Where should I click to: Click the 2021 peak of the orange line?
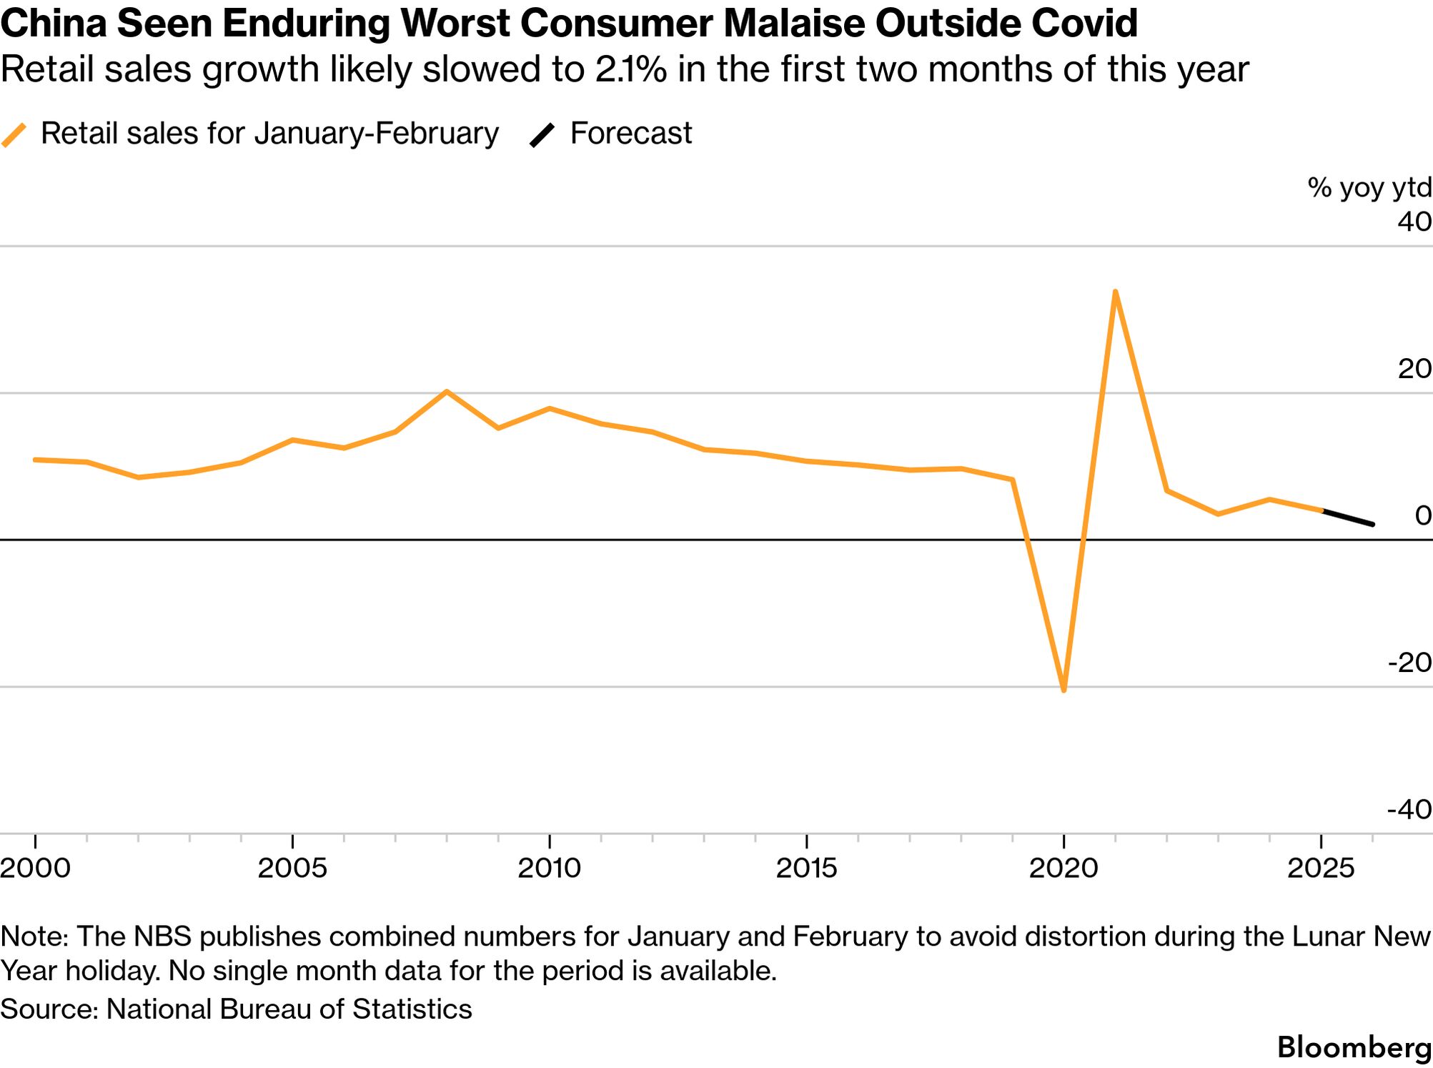click(1115, 292)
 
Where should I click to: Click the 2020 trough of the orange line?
click(1064, 691)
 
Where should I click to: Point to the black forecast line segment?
click(1348, 518)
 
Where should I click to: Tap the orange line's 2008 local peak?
click(447, 392)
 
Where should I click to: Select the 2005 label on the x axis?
click(292, 868)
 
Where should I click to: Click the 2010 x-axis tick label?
click(550, 868)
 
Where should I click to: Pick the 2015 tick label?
click(807, 868)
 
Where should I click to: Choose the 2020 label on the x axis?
click(1063, 868)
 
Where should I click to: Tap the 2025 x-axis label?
click(1321, 868)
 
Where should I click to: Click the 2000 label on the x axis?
click(36, 868)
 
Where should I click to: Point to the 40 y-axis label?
click(1414, 222)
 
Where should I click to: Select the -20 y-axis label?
click(1409, 663)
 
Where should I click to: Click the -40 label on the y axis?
click(1409, 810)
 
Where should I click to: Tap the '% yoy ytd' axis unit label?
click(1369, 187)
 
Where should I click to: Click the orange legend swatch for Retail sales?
click(14, 134)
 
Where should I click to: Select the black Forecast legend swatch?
click(542, 134)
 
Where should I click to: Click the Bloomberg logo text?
click(1354, 1047)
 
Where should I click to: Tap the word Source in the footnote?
click(49, 1009)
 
